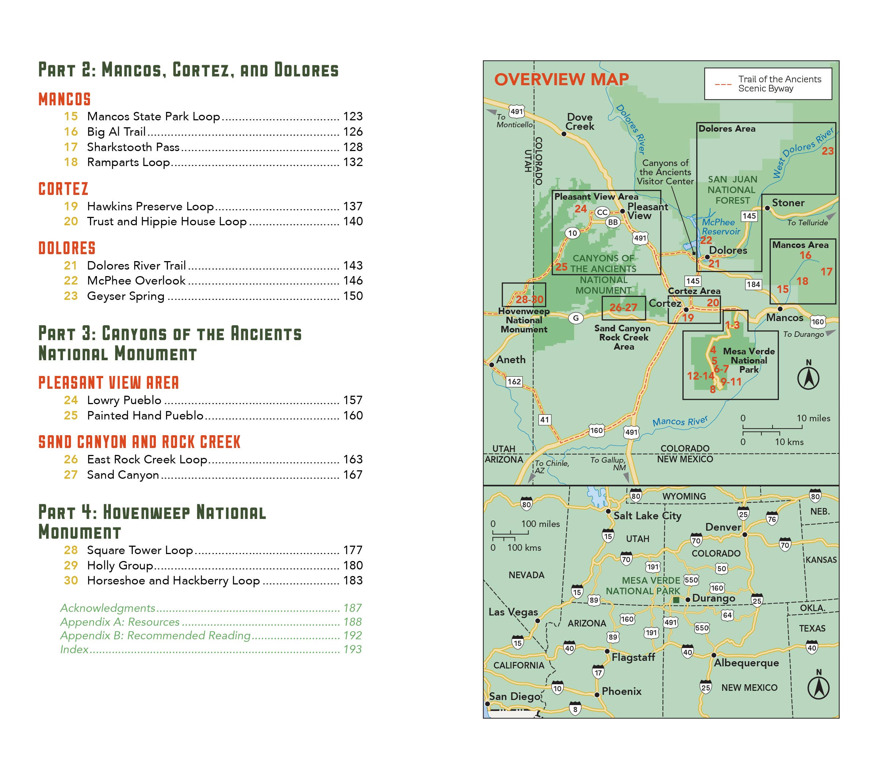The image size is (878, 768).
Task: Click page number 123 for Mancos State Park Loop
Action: pos(352,116)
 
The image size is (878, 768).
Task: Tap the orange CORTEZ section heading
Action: pos(63,189)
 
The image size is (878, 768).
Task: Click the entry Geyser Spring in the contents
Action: pos(125,296)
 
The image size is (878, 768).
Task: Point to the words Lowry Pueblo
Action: pos(124,400)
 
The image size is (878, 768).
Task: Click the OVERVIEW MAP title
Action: pos(561,80)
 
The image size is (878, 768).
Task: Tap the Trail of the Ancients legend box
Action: pos(768,84)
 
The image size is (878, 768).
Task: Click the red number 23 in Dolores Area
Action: pos(828,151)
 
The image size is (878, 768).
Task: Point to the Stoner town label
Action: pos(788,203)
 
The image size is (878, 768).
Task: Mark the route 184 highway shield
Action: pos(753,284)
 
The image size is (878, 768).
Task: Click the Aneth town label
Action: pos(511,359)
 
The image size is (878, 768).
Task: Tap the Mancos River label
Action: pos(680,421)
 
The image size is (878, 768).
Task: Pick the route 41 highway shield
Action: pos(544,419)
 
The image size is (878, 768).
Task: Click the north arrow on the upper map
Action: pos(808,377)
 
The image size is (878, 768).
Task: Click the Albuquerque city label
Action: pos(746,663)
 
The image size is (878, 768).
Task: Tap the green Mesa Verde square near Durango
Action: pos(676,600)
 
